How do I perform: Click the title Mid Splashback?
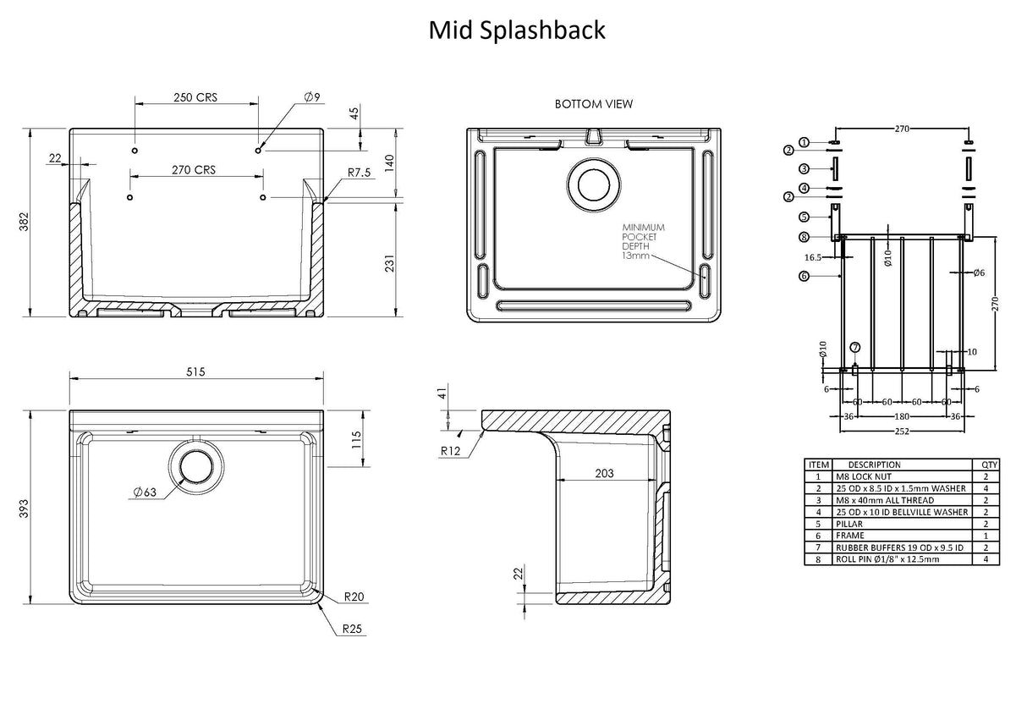coord(516,30)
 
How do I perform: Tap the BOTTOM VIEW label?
coord(593,104)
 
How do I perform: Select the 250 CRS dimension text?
coord(195,97)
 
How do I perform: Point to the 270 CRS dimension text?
coord(194,169)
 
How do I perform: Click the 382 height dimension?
coord(25,222)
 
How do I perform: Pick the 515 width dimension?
coord(195,371)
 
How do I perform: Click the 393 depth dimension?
coord(25,508)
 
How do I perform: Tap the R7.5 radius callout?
coord(360,172)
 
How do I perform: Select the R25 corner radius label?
coord(354,629)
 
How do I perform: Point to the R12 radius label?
coord(450,451)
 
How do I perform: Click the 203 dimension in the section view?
coord(604,474)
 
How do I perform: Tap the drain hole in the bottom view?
coord(594,184)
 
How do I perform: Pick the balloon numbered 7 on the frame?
coord(854,347)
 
